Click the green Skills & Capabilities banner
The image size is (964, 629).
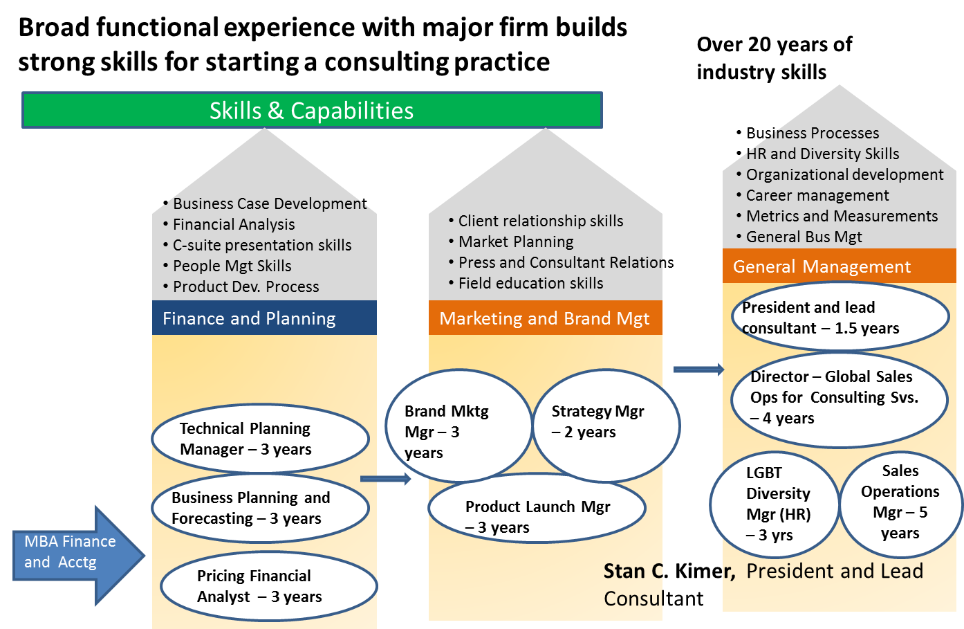point(312,110)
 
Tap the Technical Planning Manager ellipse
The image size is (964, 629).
point(260,439)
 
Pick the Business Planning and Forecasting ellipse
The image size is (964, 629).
point(260,508)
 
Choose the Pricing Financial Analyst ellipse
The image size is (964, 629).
point(268,586)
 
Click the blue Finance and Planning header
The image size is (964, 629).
point(264,318)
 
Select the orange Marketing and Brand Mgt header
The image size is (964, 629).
point(545,318)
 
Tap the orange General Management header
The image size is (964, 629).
point(838,266)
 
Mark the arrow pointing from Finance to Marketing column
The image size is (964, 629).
point(385,479)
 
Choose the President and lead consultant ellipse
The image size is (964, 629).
point(840,317)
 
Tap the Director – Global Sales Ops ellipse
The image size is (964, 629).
point(838,397)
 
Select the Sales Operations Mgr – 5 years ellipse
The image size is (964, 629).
point(900,503)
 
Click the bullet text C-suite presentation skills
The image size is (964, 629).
point(261,245)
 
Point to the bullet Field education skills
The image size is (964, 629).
point(530,283)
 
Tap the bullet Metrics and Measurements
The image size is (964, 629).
point(842,216)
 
